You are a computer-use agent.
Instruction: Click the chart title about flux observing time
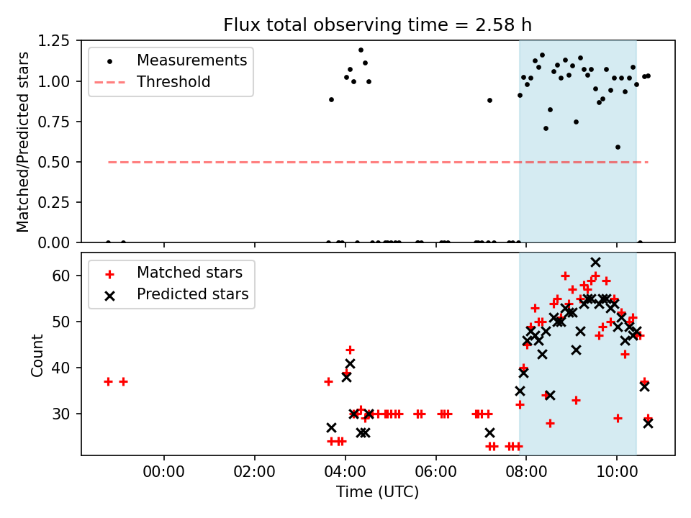(378, 26)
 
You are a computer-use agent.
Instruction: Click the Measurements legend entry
(191, 60)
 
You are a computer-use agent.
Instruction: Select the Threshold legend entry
(173, 82)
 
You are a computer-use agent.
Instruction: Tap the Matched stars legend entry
(189, 273)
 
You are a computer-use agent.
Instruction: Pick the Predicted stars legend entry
(192, 294)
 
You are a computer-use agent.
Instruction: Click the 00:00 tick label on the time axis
(164, 473)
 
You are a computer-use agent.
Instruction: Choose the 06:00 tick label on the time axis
(436, 473)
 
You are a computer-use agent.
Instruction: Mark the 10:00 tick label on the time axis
(617, 473)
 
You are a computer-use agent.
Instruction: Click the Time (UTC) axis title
(378, 493)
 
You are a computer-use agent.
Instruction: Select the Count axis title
(37, 354)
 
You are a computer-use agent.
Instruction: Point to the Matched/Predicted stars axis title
(23, 142)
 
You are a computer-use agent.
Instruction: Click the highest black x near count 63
(595, 262)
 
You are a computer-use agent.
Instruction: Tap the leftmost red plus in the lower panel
(108, 381)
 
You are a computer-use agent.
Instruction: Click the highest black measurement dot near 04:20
(361, 50)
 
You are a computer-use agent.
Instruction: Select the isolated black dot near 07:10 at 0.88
(489, 100)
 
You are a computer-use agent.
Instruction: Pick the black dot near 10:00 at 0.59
(618, 147)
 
